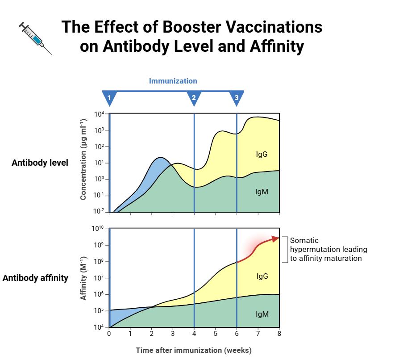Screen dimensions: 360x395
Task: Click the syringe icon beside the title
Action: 35,38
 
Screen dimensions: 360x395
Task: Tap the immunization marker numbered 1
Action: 109,97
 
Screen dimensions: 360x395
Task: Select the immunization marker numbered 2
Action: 194,97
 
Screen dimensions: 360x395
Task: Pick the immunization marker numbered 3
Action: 237,97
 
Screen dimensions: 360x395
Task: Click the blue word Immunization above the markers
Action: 173,81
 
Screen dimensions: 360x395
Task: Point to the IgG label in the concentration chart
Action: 262,155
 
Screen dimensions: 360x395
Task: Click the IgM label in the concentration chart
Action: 262,192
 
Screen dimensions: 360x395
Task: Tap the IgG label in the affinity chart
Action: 262,276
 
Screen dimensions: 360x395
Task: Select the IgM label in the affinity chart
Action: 262,314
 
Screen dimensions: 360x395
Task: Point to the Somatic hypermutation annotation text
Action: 328,249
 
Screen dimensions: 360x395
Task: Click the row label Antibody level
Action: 40,163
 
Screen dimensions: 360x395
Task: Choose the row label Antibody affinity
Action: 35,278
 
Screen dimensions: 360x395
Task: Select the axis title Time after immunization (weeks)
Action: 193,350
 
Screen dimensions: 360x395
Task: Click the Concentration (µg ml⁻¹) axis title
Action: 83,159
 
